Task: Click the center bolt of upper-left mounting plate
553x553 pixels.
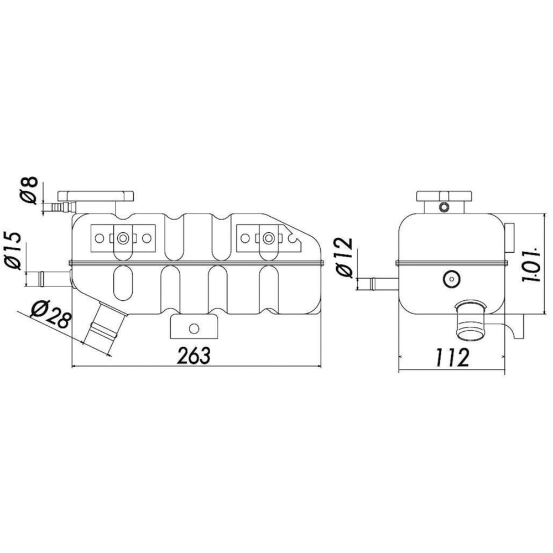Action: coord(123,238)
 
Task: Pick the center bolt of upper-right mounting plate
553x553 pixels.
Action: coord(269,238)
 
